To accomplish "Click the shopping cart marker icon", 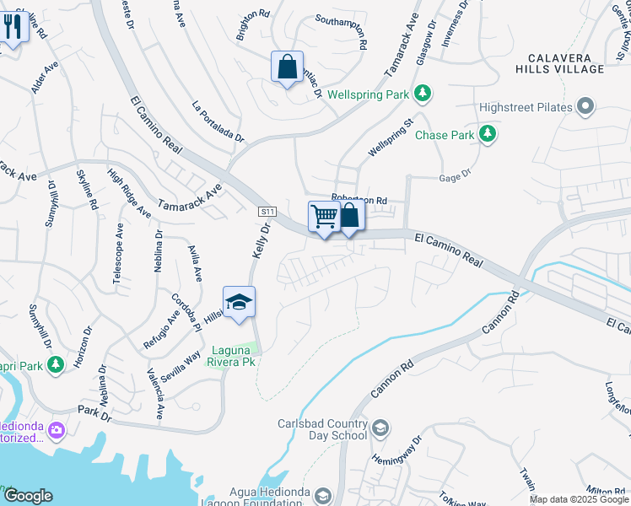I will (x=324, y=217).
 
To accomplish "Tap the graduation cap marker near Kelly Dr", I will (x=239, y=303).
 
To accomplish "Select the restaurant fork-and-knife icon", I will (x=12, y=27).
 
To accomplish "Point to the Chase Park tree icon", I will (x=487, y=134).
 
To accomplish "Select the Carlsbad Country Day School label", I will (x=324, y=430).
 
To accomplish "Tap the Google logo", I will (x=28, y=496).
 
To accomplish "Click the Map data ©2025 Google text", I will (x=578, y=499).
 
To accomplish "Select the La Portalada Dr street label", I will (x=218, y=121).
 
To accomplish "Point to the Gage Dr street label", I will (x=453, y=178).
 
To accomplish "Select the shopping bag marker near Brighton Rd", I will (x=287, y=67).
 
